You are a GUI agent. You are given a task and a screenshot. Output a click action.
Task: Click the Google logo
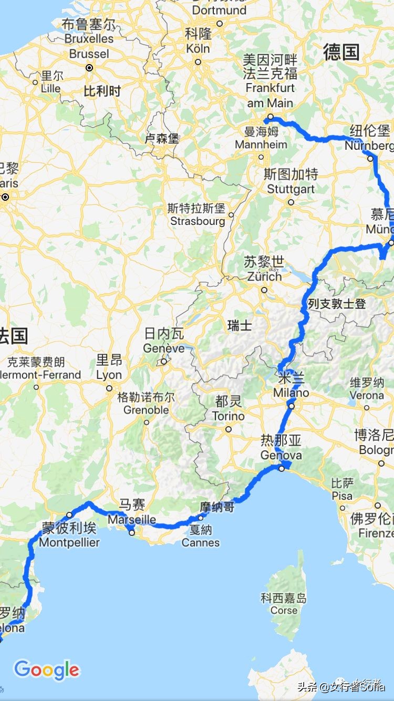46,670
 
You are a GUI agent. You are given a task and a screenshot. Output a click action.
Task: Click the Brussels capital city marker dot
90,68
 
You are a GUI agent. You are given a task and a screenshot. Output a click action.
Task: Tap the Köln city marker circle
198,62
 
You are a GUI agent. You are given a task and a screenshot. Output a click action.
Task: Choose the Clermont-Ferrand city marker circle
36,387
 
